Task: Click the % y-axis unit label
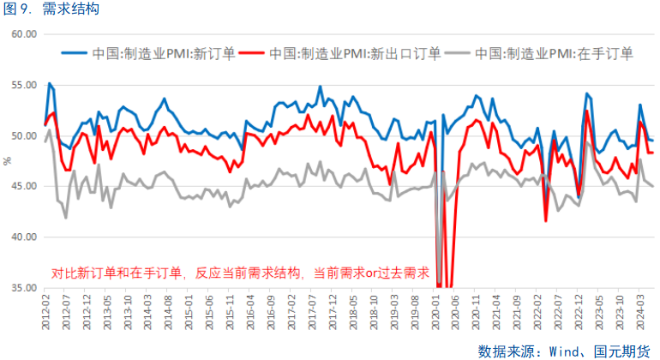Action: (x=7, y=161)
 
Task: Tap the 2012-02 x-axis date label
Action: (x=45, y=310)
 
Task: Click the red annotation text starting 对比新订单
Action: (x=240, y=273)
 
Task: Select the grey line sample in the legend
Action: (x=459, y=53)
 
